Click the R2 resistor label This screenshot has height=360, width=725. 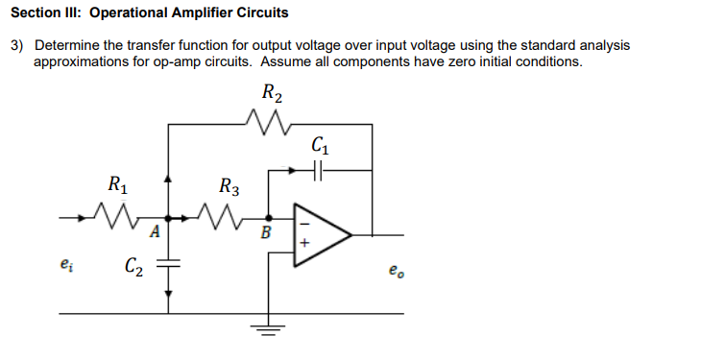272,94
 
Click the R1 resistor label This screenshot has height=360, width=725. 116,182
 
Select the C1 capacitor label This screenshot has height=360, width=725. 321,146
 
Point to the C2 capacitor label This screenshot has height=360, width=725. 133,266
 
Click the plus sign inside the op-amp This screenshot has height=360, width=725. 305,245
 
